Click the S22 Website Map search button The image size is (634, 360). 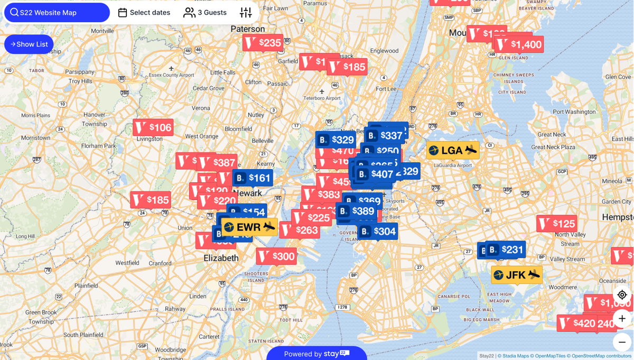(57, 13)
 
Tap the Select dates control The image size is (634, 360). (144, 13)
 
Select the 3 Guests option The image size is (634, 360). (205, 13)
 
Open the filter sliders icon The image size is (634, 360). (246, 13)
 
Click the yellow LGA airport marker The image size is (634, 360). (453, 151)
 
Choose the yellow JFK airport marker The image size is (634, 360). (516, 275)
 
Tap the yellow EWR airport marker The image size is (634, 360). (249, 227)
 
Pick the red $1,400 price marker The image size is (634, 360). (520, 44)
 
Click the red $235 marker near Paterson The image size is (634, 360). (263, 43)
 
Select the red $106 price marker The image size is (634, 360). (153, 127)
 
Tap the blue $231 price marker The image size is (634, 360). (506, 250)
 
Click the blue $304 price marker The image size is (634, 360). (378, 232)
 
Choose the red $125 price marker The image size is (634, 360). (557, 224)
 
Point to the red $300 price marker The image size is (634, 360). (277, 257)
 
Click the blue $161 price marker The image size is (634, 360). (253, 178)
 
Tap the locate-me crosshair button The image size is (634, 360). (622, 295)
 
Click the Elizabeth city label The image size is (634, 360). (221, 258)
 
